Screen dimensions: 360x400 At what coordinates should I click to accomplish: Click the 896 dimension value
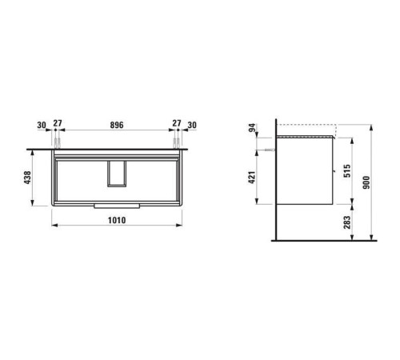coord(117,125)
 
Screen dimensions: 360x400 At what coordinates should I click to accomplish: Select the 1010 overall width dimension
coord(118,217)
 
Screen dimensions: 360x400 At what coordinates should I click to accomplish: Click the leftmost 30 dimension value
coord(41,125)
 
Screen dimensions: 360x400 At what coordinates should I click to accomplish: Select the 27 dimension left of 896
coord(57,125)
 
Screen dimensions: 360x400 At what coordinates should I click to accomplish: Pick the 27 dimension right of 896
coord(174,125)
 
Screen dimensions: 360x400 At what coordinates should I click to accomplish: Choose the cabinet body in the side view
coord(304,176)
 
